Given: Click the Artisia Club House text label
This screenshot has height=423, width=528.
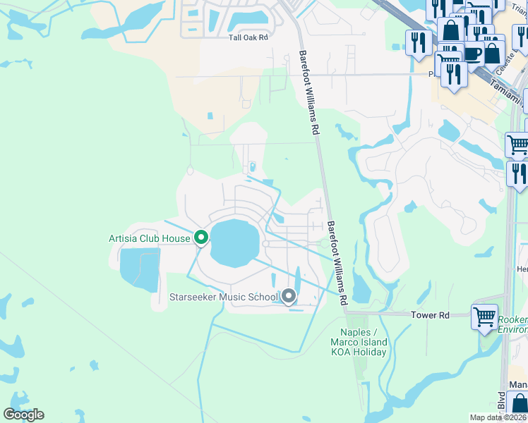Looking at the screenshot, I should [x=149, y=238].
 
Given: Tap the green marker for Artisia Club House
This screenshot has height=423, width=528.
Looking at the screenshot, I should [x=201, y=238].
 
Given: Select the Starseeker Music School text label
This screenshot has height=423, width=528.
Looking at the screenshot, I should [x=224, y=297].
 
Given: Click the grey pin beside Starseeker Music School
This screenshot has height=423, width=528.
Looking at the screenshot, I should [x=289, y=296].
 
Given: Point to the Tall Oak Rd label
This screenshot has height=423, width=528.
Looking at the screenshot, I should [x=248, y=37].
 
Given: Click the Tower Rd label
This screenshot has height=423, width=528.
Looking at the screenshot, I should [x=430, y=315].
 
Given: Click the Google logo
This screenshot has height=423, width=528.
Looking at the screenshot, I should [x=23, y=415].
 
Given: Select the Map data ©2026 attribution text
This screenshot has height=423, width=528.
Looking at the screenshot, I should [x=498, y=417].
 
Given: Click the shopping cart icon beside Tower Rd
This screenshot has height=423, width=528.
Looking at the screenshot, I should [x=485, y=317].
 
